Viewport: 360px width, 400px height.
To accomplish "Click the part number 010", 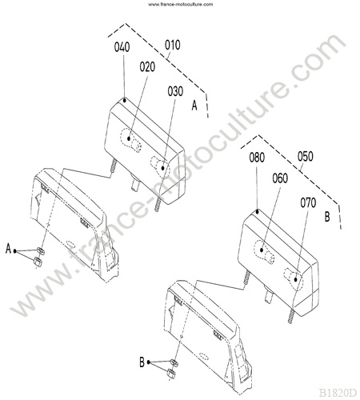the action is pyautogui.click(x=172, y=45).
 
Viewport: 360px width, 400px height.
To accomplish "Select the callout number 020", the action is pyautogui.click(x=147, y=67).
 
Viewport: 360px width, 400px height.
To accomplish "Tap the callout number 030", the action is pyautogui.click(x=175, y=91).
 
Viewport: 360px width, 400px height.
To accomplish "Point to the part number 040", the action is pyautogui.click(x=122, y=47).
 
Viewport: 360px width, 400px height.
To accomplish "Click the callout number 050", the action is pyautogui.click(x=306, y=157).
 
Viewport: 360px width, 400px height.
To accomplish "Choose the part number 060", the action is pyautogui.click(x=280, y=178).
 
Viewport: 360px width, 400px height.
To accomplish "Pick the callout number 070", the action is pyautogui.click(x=308, y=203).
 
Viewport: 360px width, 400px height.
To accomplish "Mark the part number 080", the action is pyautogui.click(x=257, y=158).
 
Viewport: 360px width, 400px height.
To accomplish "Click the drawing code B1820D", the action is pyautogui.click(x=338, y=393).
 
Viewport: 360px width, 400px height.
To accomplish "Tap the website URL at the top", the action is pyautogui.click(x=181, y=4).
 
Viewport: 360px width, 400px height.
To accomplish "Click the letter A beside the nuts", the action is pyautogui.click(x=8, y=249).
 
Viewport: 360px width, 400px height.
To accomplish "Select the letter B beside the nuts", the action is pyautogui.click(x=142, y=362).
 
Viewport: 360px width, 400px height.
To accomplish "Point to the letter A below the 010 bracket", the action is pyautogui.click(x=194, y=106).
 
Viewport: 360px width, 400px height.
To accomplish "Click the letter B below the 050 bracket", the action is pyautogui.click(x=327, y=217).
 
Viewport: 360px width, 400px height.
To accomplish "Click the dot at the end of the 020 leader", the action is pyautogui.click(x=129, y=138).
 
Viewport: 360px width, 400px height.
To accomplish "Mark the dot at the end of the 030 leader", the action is pyautogui.click(x=162, y=168).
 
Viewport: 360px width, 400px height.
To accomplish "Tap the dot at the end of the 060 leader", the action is pyautogui.click(x=262, y=250).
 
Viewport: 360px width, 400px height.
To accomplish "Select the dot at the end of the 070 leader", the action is pyautogui.click(x=295, y=279).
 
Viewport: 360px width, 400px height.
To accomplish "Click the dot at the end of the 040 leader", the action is pyautogui.click(x=125, y=100).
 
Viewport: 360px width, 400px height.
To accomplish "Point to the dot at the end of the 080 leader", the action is pyautogui.click(x=258, y=212).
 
